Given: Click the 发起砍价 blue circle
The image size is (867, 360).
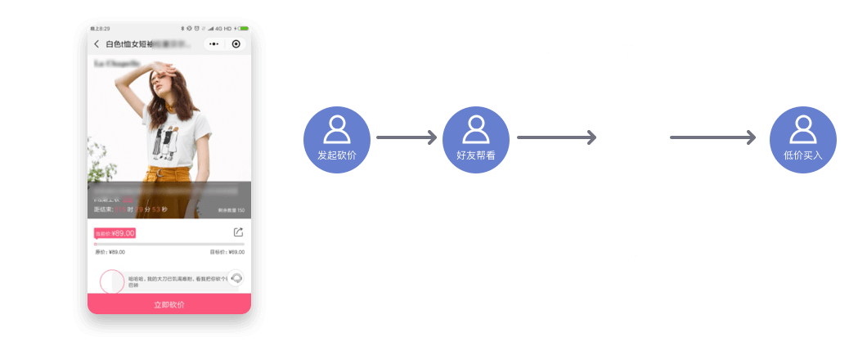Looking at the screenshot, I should coord(337,140).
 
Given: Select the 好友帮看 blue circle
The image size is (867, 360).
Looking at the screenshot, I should coord(475,140).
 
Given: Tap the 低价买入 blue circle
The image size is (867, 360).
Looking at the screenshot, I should coord(802,140).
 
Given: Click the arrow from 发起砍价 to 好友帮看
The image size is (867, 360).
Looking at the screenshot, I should coord(407,138).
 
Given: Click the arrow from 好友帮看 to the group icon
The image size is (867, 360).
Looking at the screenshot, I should coord(555,138).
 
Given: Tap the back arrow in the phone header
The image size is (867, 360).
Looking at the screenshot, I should coord(97,44).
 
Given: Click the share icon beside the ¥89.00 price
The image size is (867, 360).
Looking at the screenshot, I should coord(238,233).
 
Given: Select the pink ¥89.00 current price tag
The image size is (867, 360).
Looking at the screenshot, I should coord(115,233).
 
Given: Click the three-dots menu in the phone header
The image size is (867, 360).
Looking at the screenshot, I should coord(213,44).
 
